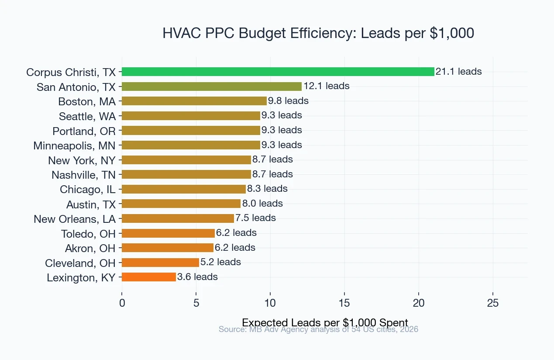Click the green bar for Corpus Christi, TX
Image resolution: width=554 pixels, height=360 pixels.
pos(278,72)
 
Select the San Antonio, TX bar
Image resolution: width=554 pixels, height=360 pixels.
pos(211,87)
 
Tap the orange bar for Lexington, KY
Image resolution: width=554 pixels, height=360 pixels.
pos(148,277)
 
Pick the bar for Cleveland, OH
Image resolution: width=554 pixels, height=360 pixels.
pos(160,263)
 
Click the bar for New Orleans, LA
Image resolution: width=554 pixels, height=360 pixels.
pos(178,218)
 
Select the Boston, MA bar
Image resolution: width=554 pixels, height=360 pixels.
pos(194,101)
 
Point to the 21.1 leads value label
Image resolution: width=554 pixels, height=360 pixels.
pos(458,72)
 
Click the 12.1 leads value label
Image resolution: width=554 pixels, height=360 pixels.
pos(326,86)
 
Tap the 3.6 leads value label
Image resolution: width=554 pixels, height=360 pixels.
pos(197,277)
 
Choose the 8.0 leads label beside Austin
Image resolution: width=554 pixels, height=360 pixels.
pos(262,204)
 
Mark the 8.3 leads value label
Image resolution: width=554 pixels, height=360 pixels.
pos(267,189)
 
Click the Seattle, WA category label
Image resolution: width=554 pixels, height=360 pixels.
pos(87,116)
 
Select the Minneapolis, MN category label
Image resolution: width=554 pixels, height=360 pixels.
pos(75,145)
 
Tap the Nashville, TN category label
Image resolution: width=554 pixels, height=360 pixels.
pos(84,175)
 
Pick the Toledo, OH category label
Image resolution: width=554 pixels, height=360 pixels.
pos(88,233)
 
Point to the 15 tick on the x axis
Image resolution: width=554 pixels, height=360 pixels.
pos(344,303)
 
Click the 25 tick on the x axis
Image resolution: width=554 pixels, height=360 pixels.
pos(493,303)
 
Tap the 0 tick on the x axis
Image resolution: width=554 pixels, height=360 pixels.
pos(122,303)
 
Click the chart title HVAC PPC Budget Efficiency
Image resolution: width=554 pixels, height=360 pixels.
pos(318,33)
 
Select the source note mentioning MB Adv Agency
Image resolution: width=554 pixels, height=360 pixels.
pos(318,329)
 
